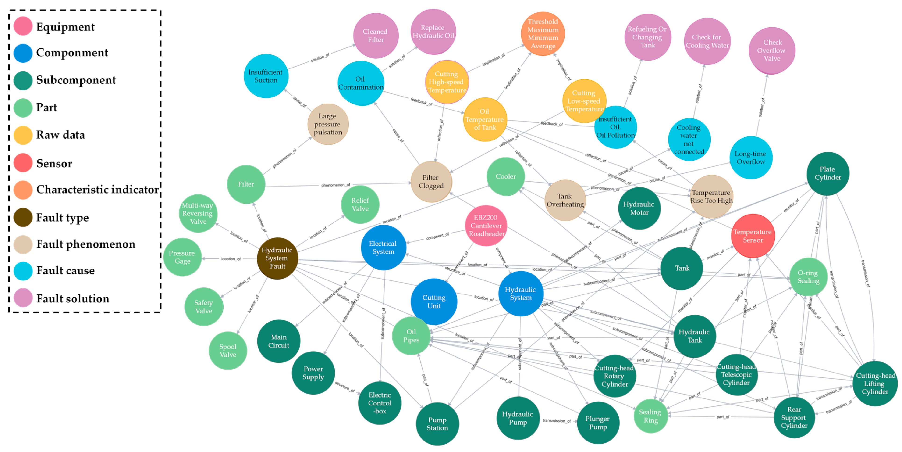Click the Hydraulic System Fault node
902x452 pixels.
tap(277, 258)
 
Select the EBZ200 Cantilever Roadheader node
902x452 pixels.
tap(486, 226)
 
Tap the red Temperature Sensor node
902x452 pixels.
tap(753, 236)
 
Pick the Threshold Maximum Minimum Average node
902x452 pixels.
tap(543, 34)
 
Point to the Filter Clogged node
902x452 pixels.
tap(431, 182)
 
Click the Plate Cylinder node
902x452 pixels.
tap(827, 173)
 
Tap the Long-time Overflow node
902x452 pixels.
tap(750, 158)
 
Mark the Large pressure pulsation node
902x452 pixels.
tap(328, 124)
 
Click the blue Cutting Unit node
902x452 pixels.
tap(434, 301)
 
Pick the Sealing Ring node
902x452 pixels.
tap(650, 416)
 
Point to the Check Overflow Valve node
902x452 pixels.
tap(771, 50)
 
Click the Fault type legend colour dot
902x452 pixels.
tap(23, 217)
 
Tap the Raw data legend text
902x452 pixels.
tap(60, 135)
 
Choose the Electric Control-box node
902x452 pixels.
tap(380, 403)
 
